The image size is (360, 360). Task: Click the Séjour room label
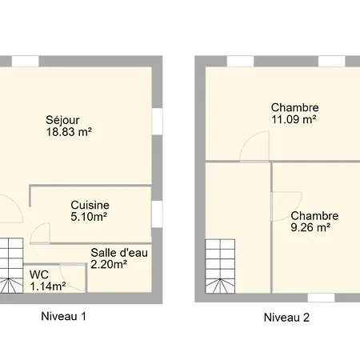pos(62,120)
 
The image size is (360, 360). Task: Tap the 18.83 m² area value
pos(69,132)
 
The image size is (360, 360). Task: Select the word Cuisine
pos(90,205)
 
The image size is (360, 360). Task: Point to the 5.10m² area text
pos(89,217)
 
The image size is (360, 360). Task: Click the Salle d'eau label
pos(119,253)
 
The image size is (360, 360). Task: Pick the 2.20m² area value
pos(109,264)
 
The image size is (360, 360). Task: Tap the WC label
pos(39,274)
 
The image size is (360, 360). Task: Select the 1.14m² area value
pos(48,286)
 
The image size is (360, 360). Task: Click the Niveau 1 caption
pos(63,316)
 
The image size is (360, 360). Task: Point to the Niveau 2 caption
pos(286,318)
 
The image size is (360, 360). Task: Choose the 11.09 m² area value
pos(294,119)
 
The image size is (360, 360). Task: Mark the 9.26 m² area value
pos(310,227)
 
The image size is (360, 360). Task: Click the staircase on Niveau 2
pos(220,266)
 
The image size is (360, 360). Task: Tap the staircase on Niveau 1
pos(11,266)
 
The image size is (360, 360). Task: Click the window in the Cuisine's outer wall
pos(157,214)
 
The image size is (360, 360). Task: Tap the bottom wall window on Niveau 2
pos(322,298)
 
